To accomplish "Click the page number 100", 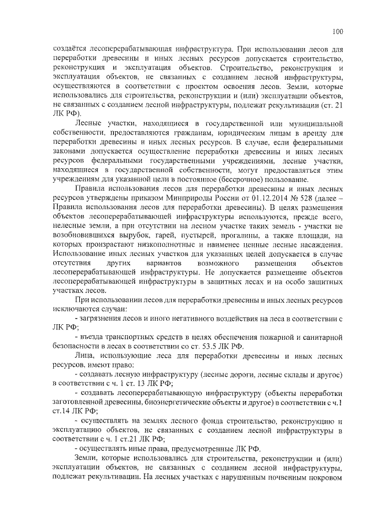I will click(x=338, y=31).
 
